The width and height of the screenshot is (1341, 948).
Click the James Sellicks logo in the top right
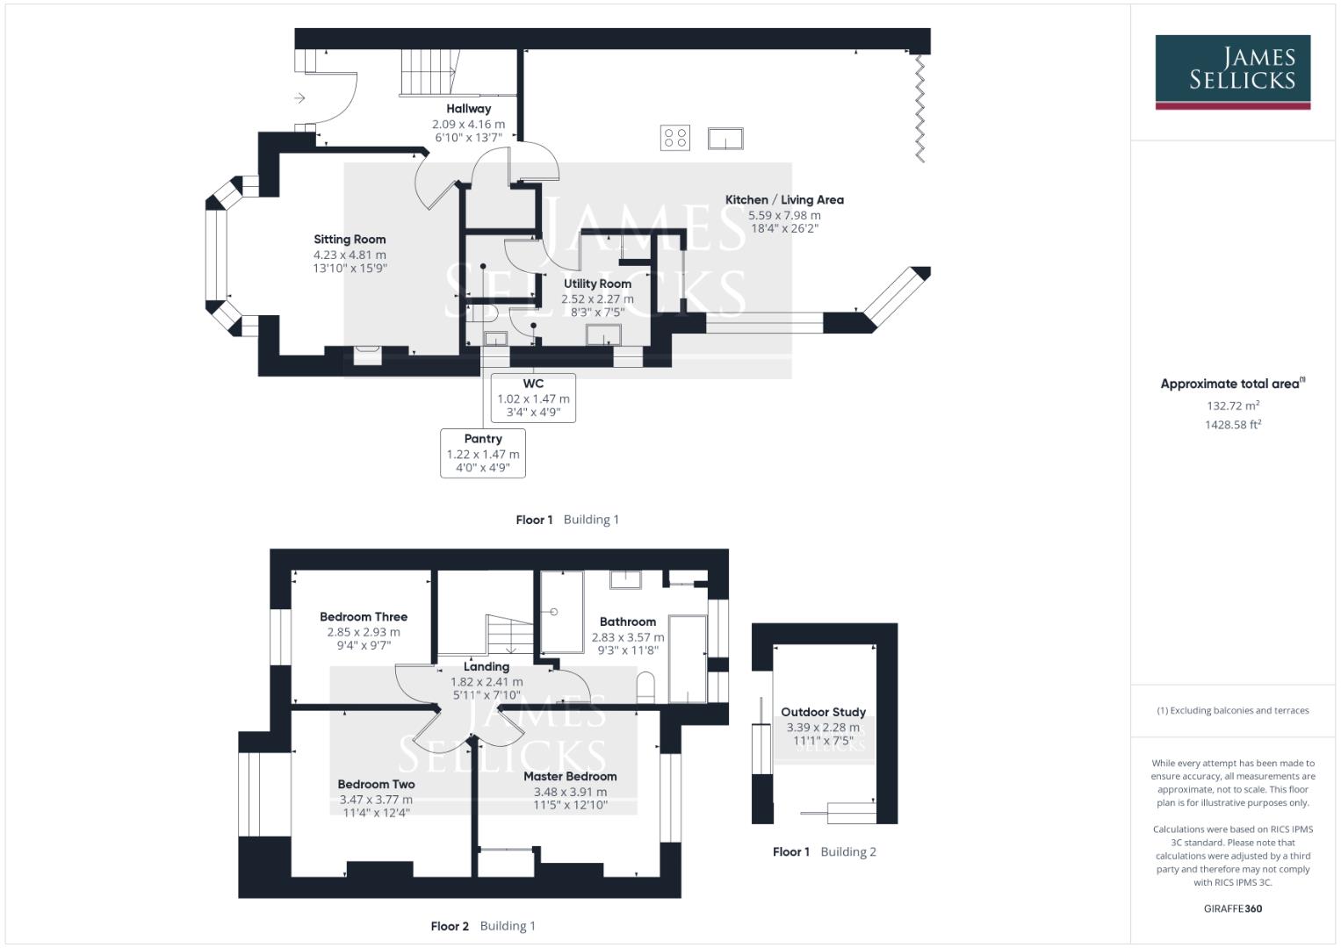(1232, 72)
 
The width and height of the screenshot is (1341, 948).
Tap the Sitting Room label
(350, 240)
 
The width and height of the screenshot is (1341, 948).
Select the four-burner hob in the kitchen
(675, 138)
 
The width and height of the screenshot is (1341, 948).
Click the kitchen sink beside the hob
(725, 139)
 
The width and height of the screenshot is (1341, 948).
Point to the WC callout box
(533, 398)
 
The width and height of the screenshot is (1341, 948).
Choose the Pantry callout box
(483, 453)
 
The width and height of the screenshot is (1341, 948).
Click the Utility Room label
(597, 284)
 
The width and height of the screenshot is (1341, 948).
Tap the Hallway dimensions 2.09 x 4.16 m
(468, 125)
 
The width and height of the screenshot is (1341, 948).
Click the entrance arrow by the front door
(299, 98)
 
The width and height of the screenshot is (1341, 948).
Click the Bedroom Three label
(364, 617)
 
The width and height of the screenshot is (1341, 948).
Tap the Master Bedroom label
(570, 777)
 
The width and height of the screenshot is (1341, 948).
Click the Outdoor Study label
(823, 712)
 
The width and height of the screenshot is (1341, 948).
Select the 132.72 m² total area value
(1233, 406)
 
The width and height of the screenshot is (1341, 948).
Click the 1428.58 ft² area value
(1233, 425)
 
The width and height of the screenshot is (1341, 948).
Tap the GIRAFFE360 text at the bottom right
(1232, 908)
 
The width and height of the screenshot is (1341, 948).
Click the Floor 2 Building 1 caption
(483, 926)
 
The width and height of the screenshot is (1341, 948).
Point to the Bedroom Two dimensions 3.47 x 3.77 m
(376, 800)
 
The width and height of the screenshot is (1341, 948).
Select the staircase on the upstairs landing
(509, 634)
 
